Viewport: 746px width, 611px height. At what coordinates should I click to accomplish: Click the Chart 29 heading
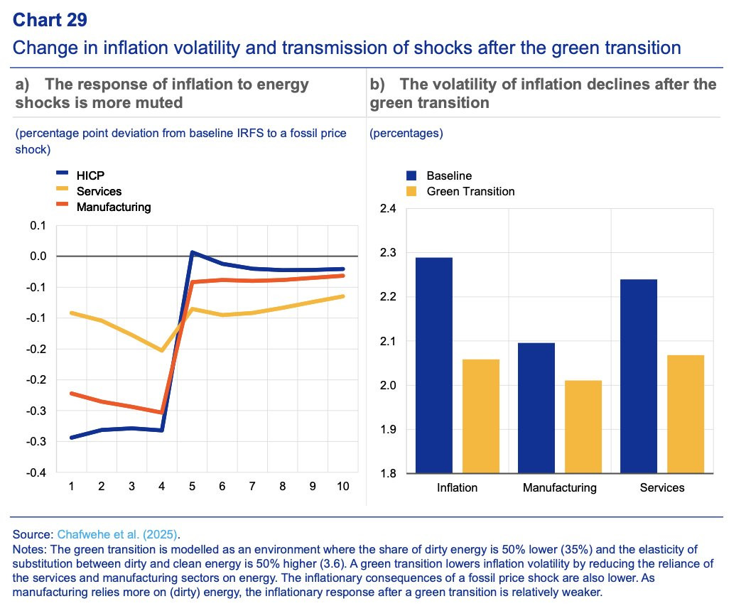50,19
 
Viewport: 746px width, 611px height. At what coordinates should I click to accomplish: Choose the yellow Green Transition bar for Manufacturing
583,426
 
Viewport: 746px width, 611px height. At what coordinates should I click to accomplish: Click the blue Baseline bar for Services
639,376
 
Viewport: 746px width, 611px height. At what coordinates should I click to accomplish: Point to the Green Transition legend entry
470,191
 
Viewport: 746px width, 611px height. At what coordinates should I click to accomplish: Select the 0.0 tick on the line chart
36,256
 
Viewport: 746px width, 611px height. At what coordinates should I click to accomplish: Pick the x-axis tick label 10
342,487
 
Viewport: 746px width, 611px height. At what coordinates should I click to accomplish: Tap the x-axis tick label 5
192,487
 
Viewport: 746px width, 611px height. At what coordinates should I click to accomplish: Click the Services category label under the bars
662,488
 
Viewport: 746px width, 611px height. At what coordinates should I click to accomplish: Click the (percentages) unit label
406,133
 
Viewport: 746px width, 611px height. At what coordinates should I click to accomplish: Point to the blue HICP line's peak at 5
192,252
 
